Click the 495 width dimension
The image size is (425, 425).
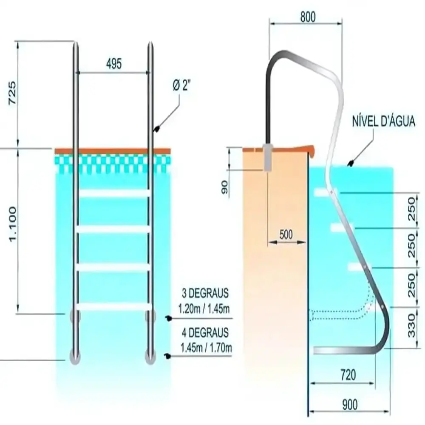[114, 64]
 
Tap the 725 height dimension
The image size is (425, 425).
[12, 93]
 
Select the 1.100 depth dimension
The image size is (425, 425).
[12, 224]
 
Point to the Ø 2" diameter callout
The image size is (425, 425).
[181, 86]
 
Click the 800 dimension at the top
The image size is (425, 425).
[308, 17]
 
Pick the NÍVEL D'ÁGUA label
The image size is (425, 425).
[383, 121]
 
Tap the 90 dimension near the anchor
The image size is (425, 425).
[224, 187]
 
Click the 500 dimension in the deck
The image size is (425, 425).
[286, 235]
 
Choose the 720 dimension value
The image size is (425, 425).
[348, 375]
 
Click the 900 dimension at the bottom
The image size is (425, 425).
[350, 405]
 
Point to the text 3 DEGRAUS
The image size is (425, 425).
[205, 293]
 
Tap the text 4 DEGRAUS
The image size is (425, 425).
[205, 333]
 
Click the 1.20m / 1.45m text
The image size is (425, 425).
[204, 309]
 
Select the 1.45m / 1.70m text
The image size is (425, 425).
[206, 348]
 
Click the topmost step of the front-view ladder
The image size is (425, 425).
[114, 193]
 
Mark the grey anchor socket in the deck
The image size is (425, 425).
[267, 158]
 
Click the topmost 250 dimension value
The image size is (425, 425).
[411, 209]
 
